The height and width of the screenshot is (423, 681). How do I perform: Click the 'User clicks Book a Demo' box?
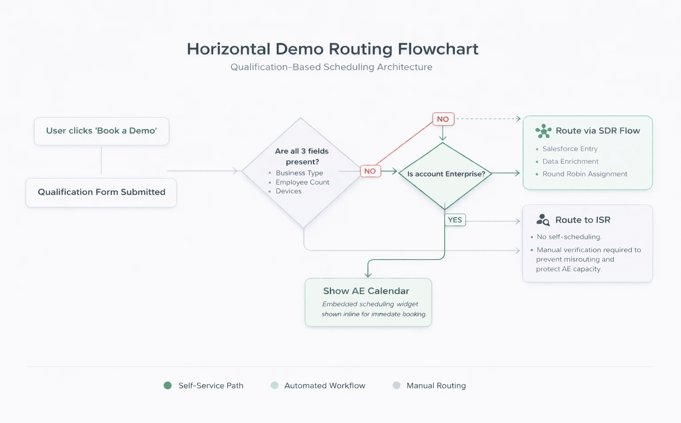pyautogui.click(x=102, y=131)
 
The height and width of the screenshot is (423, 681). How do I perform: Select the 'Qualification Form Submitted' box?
pyautogui.click(x=101, y=192)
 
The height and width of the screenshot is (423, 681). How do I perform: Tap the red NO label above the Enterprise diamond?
pyautogui.click(x=443, y=119)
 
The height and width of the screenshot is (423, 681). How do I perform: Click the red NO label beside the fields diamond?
pyautogui.click(x=370, y=171)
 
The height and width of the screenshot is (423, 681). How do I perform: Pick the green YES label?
pyautogui.click(x=455, y=220)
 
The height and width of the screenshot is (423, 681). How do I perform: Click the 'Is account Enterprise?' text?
pyautogui.click(x=446, y=174)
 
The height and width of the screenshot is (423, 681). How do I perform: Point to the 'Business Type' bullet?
pyautogui.click(x=299, y=173)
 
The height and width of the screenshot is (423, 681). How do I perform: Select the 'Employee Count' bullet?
pyautogui.click(x=302, y=182)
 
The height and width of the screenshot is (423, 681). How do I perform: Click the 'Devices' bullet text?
pyautogui.click(x=289, y=191)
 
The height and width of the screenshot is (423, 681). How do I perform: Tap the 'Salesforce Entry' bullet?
pyautogui.click(x=570, y=149)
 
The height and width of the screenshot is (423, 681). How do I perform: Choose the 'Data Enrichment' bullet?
pyautogui.click(x=570, y=161)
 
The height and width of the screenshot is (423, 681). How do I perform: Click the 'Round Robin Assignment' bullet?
pyautogui.click(x=585, y=174)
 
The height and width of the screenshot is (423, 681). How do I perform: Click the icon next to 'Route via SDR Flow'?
pyautogui.click(x=543, y=131)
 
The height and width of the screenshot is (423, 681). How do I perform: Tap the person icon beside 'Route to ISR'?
pyautogui.click(x=543, y=220)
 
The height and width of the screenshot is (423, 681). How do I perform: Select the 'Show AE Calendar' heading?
pyautogui.click(x=366, y=291)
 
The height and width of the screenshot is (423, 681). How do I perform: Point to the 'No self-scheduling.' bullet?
pyautogui.click(x=569, y=237)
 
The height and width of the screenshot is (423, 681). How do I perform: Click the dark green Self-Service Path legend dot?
pyautogui.click(x=168, y=385)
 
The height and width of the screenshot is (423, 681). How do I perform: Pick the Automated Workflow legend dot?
pyautogui.click(x=274, y=385)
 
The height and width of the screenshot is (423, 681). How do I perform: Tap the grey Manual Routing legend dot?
pyautogui.click(x=396, y=385)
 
